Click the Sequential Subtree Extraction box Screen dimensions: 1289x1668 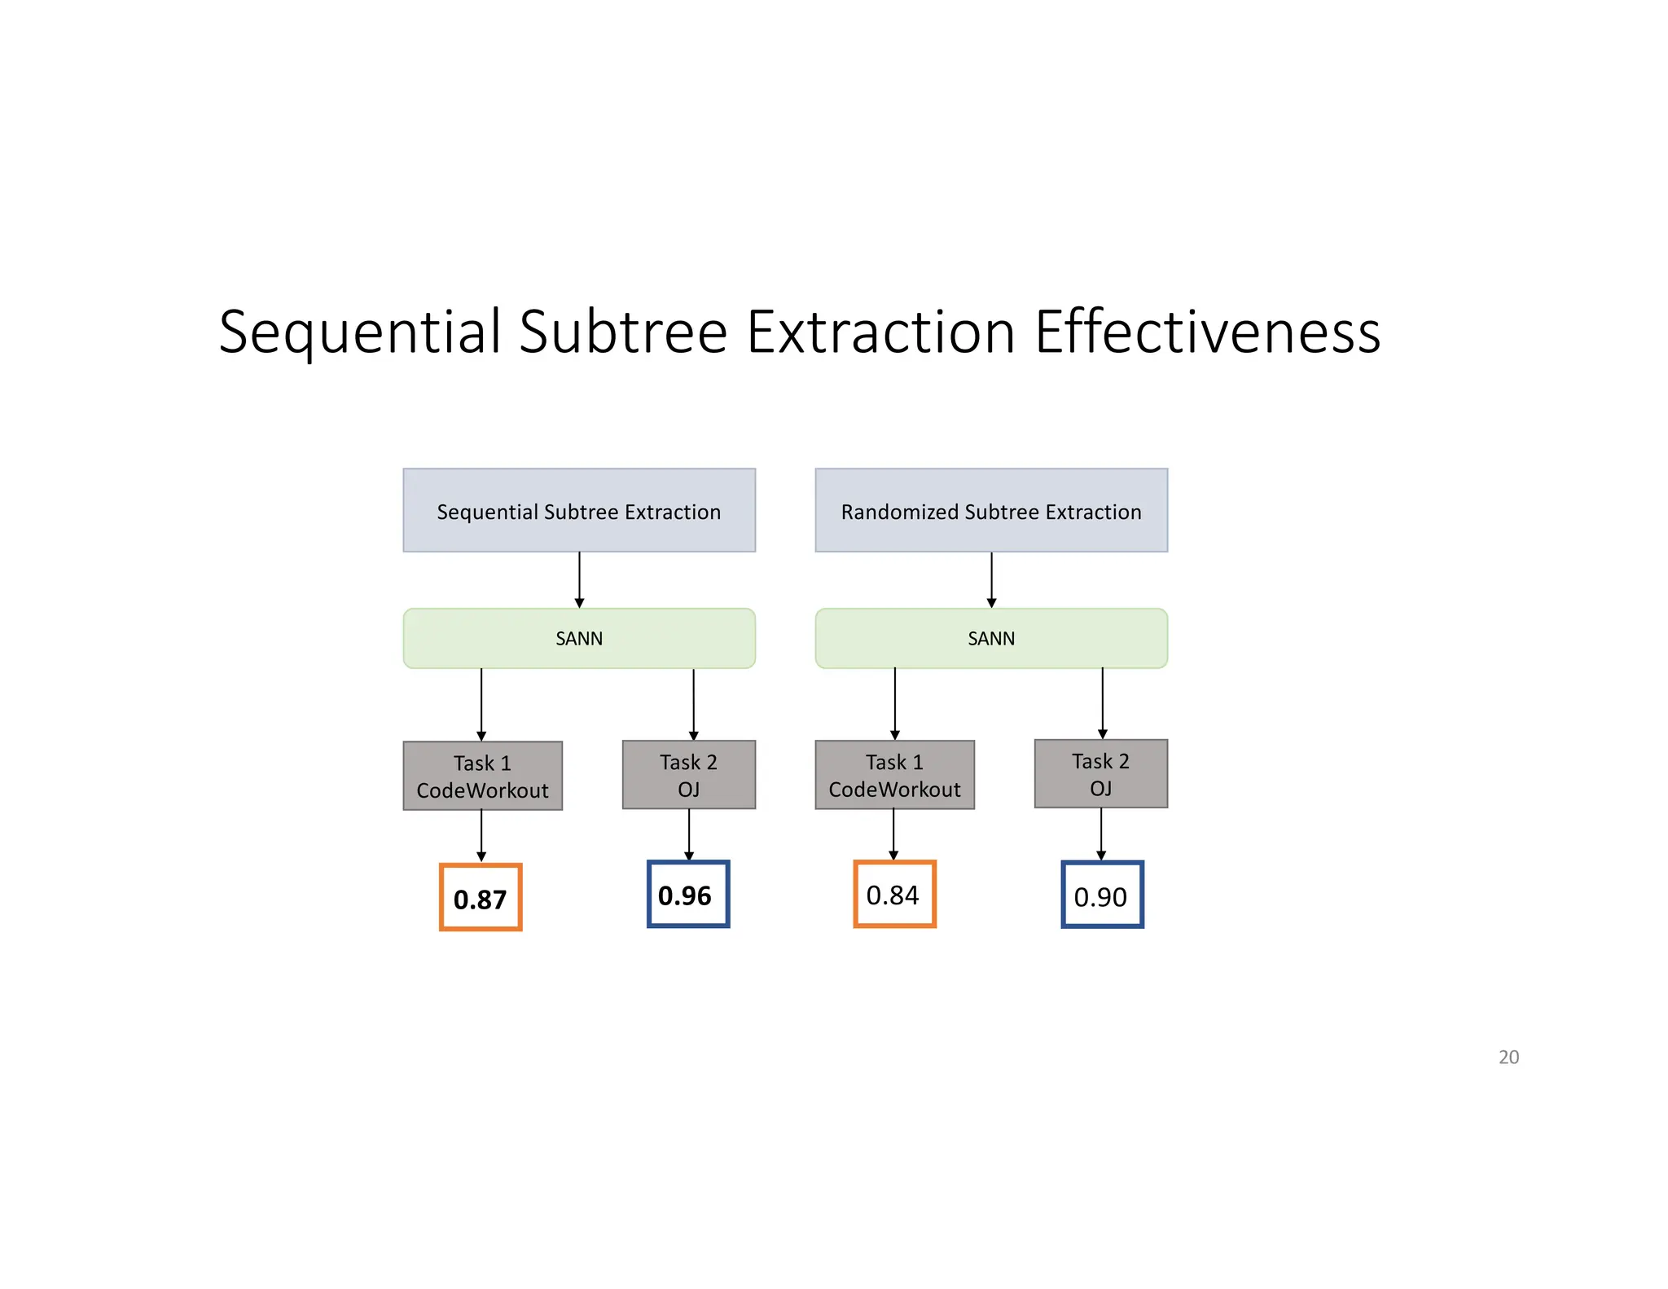[x=578, y=510]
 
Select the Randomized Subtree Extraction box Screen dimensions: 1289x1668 [x=990, y=510]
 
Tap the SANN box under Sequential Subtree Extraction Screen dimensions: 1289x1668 [x=578, y=638]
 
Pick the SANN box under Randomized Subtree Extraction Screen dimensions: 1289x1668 [x=990, y=638]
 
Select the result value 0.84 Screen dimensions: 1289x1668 [x=894, y=894]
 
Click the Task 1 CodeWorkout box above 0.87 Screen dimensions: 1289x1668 [x=482, y=775]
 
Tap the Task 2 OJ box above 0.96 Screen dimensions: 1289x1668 [x=688, y=774]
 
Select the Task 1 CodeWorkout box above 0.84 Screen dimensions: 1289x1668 [x=894, y=774]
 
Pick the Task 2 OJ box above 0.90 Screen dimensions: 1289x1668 [x=1100, y=773]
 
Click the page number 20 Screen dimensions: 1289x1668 [x=1508, y=1057]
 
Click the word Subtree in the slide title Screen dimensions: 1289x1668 [x=623, y=332]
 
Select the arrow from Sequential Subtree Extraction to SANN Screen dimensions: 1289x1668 [x=579, y=579]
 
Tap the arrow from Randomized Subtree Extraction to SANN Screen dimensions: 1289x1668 [x=991, y=579]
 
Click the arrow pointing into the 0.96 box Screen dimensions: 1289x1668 [x=689, y=834]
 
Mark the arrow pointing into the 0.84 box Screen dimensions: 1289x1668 [x=893, y=834]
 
